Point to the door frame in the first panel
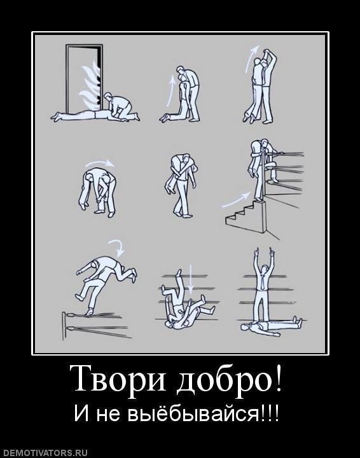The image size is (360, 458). [69, 76]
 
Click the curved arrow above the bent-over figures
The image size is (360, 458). [100, 163]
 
